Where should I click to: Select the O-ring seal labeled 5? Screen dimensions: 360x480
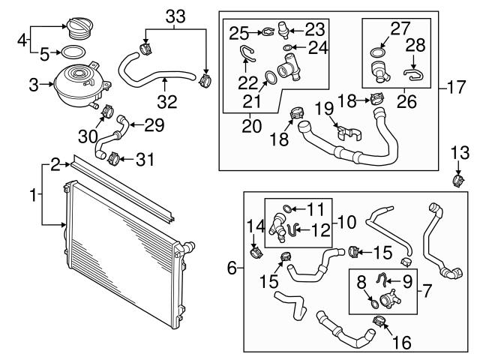pyautogui.click(x=71, y=53)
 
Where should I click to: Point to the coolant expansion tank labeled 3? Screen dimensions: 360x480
pyautogui.click(x=75, y=84)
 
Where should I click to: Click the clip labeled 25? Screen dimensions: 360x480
pyautogui.click(x=263, y=31)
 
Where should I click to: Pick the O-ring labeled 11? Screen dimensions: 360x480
pyautogui.click(x=288, y=208)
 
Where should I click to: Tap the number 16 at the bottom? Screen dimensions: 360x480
pyautogui.click(x=402, y=342)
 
